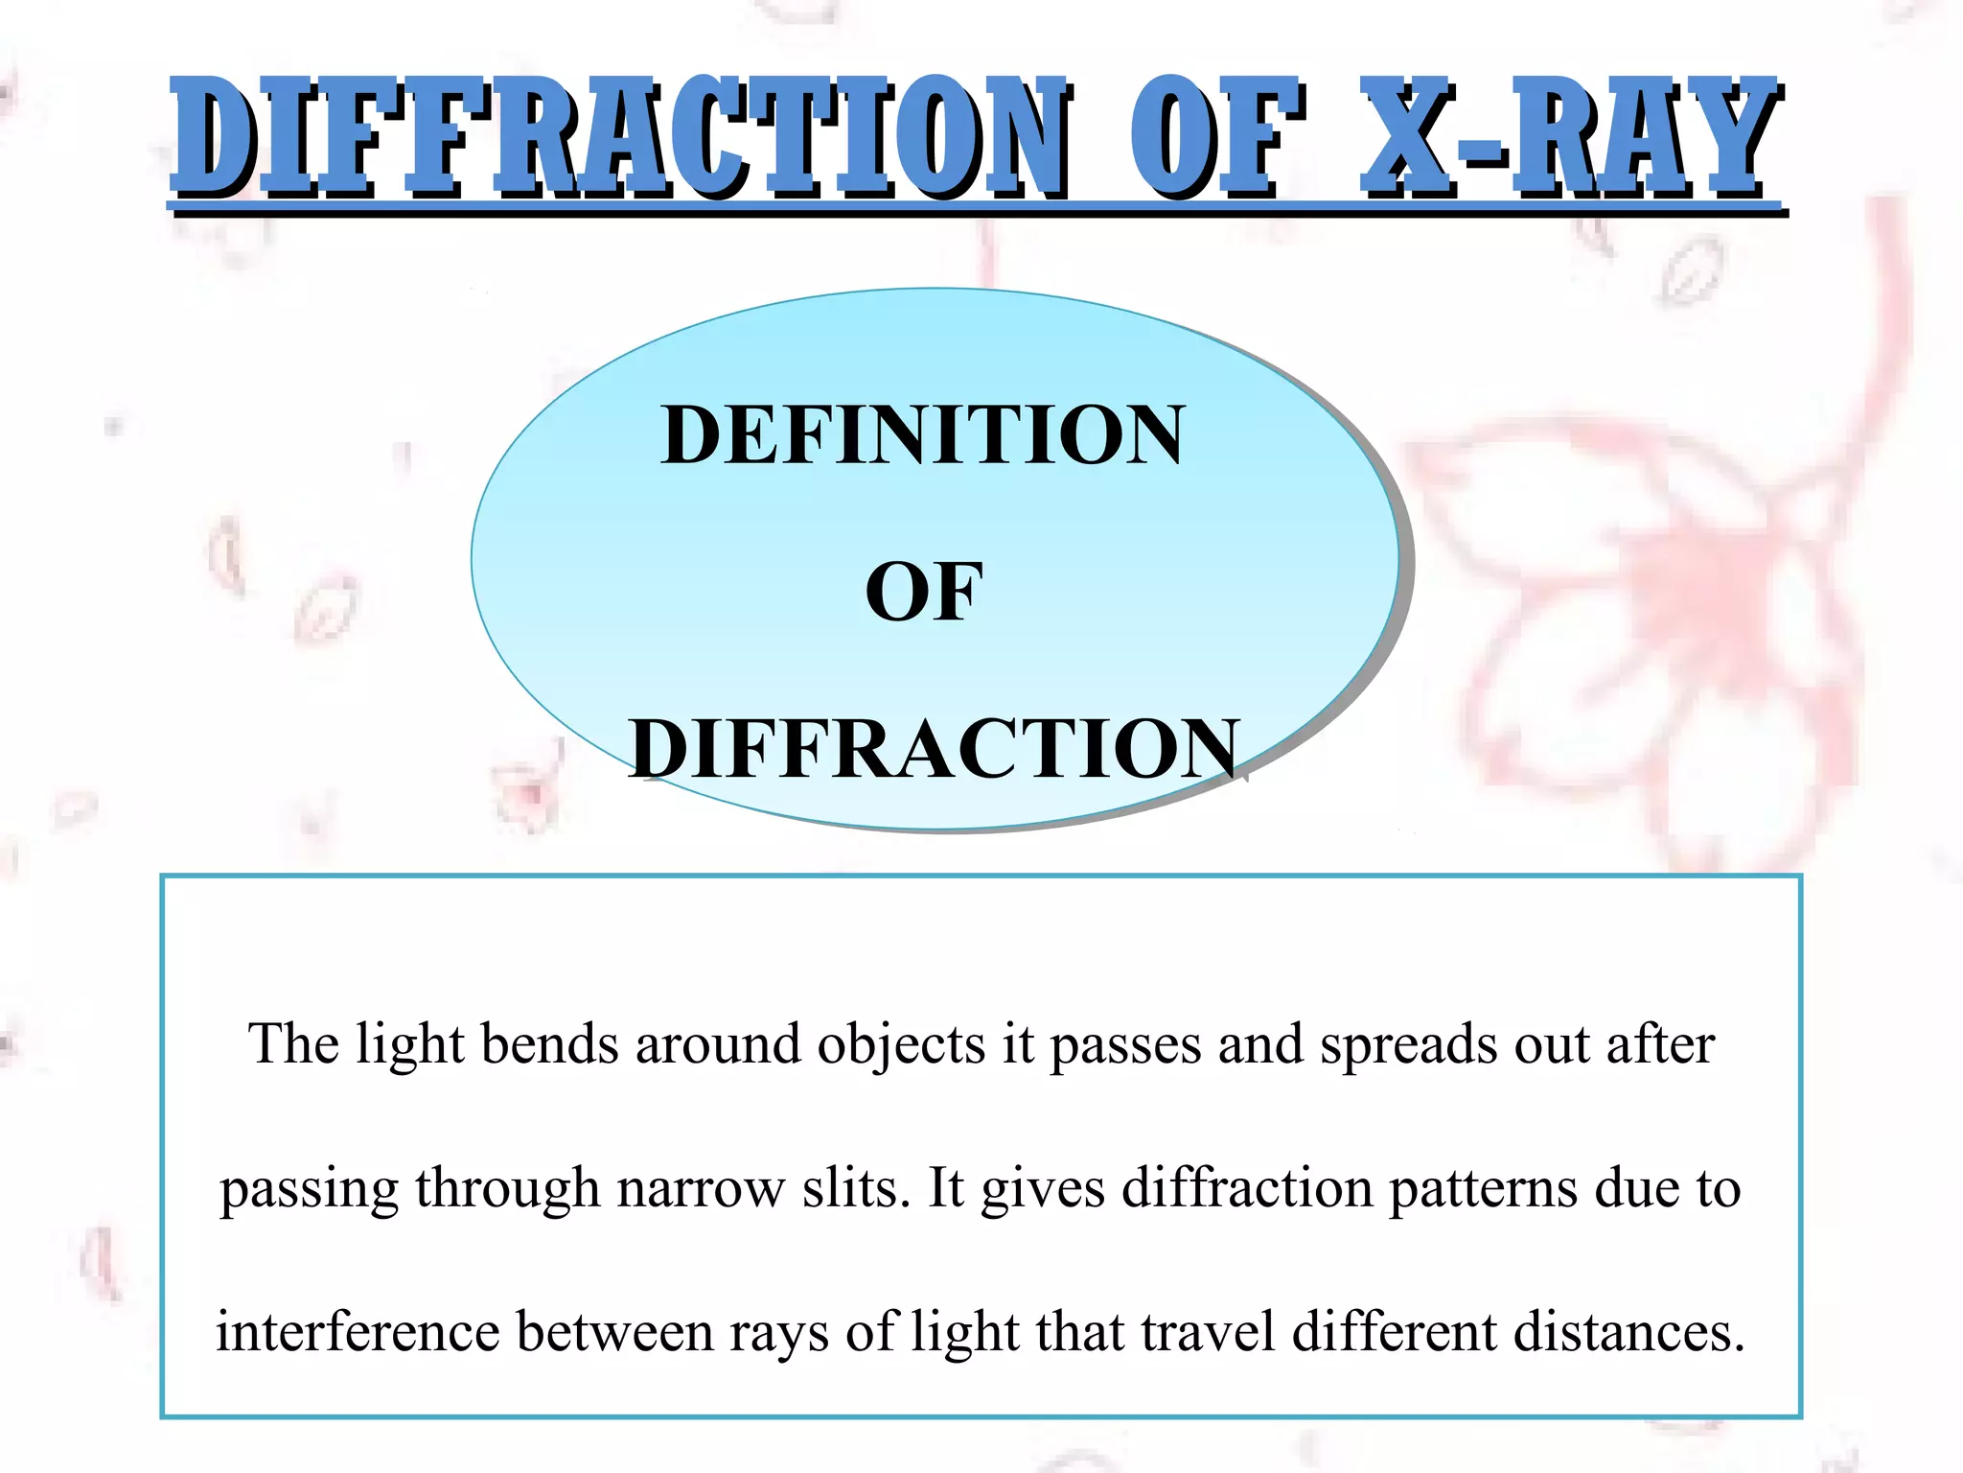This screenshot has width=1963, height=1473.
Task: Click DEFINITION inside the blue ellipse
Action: (x=923, y=435)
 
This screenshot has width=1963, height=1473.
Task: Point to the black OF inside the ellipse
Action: (x=924, y=592)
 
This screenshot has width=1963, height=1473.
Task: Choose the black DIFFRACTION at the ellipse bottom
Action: (x=935, y=749)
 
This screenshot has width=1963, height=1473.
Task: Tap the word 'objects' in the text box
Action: (x=901, y=1045)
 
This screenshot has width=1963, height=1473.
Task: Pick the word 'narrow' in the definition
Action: (x=701, y=1189)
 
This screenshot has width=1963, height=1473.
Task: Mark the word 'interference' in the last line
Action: (x=358, y=1332)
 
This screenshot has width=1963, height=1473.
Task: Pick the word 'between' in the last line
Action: (x=614, y=1332)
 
